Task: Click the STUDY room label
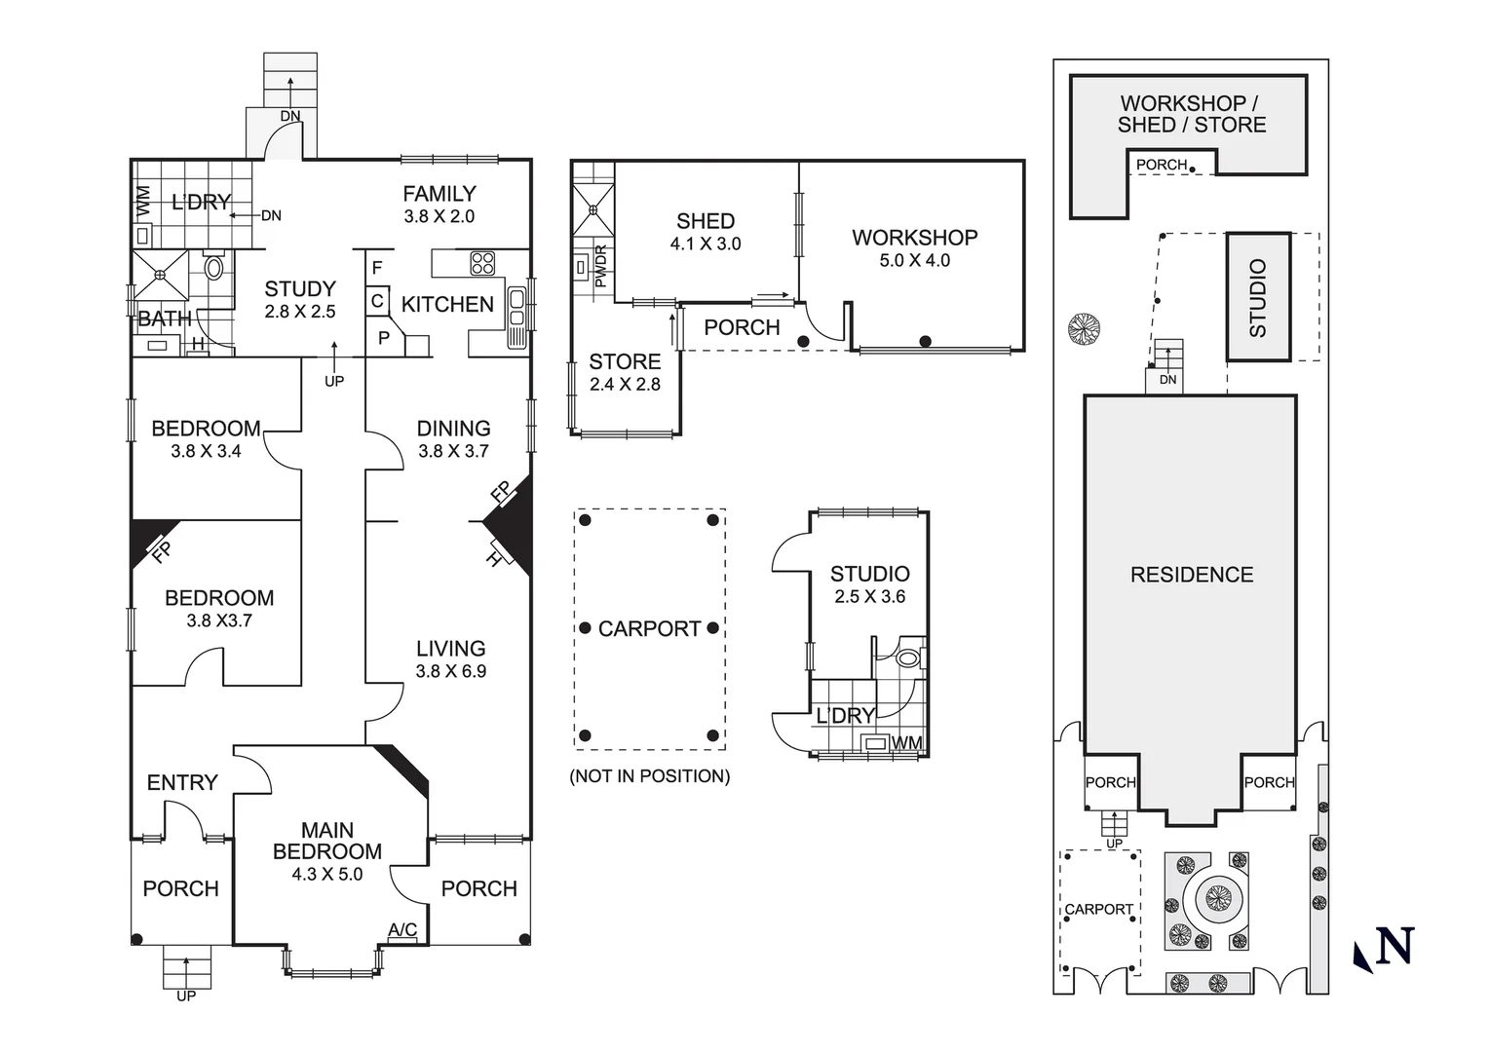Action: (x=300, y=289)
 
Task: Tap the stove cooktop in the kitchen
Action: (x=482, y=263)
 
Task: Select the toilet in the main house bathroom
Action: (x=213, y=268)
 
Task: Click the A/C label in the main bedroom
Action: (x=402, y=929)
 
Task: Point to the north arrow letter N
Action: (x=1394, y=945)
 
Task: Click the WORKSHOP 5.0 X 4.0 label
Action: (x=915, y=248)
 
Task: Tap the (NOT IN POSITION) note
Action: (x=650, y=776)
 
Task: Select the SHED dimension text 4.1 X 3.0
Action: (x=706, y=244)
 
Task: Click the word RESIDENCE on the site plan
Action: (x=1192, y=575)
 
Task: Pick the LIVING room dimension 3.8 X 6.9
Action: (x=451, y=672)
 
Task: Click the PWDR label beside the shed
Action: (x=600, y=267)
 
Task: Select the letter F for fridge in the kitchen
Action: (x=377, y=268)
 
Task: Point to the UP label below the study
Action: (x=334, y=381)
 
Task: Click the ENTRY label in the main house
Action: (x=182, y=783)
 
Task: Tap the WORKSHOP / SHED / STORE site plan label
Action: (x=1192, y=114)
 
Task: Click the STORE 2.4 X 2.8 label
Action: (x=626, y=372)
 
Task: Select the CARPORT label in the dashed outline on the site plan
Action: (x=1099, y=909)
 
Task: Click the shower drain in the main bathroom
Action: (x=161, y=275)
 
